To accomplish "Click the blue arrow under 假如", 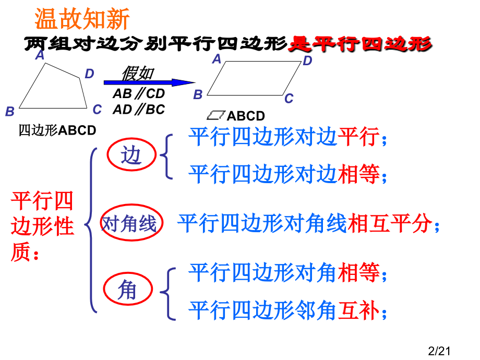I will [x=149, y=82].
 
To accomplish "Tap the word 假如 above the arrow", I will [x=137, y=73].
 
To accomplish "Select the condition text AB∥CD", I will [x=138, y=94].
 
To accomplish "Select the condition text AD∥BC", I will [x=138, y=110].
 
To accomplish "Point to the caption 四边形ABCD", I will [x=57, y=130].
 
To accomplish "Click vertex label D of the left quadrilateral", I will [x=89, y=74].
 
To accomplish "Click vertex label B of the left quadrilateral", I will [x=10, y=111].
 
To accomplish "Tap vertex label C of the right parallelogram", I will [x=289, y=99].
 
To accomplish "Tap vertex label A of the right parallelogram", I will [x=217, y=59].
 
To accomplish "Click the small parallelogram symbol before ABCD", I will [x=216, y=115].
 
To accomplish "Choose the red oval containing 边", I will [x=131, y=155].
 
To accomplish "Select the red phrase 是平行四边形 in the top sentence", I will [x=360, y=44].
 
